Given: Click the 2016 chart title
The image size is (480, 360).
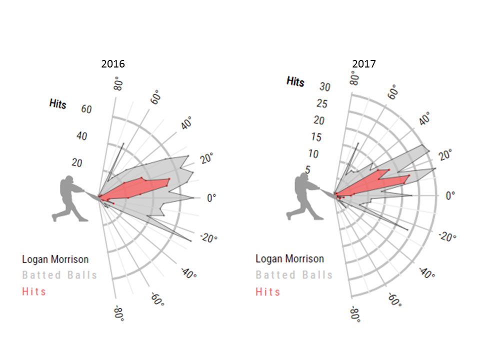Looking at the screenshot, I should (x=113, y=64).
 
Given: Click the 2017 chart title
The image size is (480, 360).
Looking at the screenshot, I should (x=364, y=64).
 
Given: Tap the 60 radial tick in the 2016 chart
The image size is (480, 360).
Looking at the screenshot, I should (x=86, y=108).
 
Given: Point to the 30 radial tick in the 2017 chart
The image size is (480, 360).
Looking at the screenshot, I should (x=325, y=87).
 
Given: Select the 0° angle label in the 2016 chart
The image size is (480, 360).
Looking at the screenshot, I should (x=211, y=197).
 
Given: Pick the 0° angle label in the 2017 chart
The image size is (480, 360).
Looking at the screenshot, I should (x=451, y=195).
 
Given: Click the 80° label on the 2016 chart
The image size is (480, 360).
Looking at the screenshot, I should (x=118, y=82).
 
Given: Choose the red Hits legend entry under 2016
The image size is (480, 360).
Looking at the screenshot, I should (x=34, y=291).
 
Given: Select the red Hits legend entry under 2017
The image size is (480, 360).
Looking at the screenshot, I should (x=268, y=291).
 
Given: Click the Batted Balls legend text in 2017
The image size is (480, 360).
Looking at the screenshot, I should (x=294, y=275).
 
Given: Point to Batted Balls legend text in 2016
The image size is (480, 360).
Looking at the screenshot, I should (x=59, y=275).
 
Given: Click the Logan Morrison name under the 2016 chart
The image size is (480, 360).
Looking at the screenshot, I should (x=55, y=259).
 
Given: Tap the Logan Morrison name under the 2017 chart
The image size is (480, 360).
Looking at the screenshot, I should (x=289, y=259).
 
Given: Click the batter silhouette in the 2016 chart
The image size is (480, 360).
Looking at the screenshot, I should (x=70, y=198).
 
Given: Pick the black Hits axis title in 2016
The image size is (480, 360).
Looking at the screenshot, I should (x=57, y=103).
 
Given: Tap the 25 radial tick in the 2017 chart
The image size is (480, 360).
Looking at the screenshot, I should (x=322, y=104).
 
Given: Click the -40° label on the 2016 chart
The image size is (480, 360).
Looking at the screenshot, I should (x=188, y=273).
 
